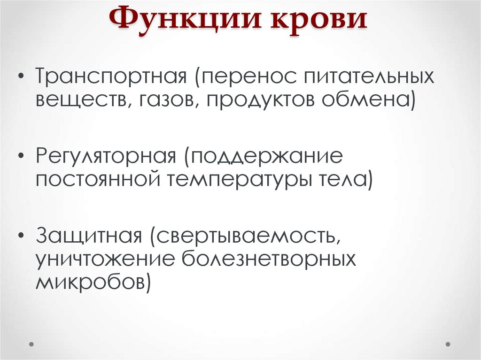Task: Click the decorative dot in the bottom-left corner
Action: tap(32, 344)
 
